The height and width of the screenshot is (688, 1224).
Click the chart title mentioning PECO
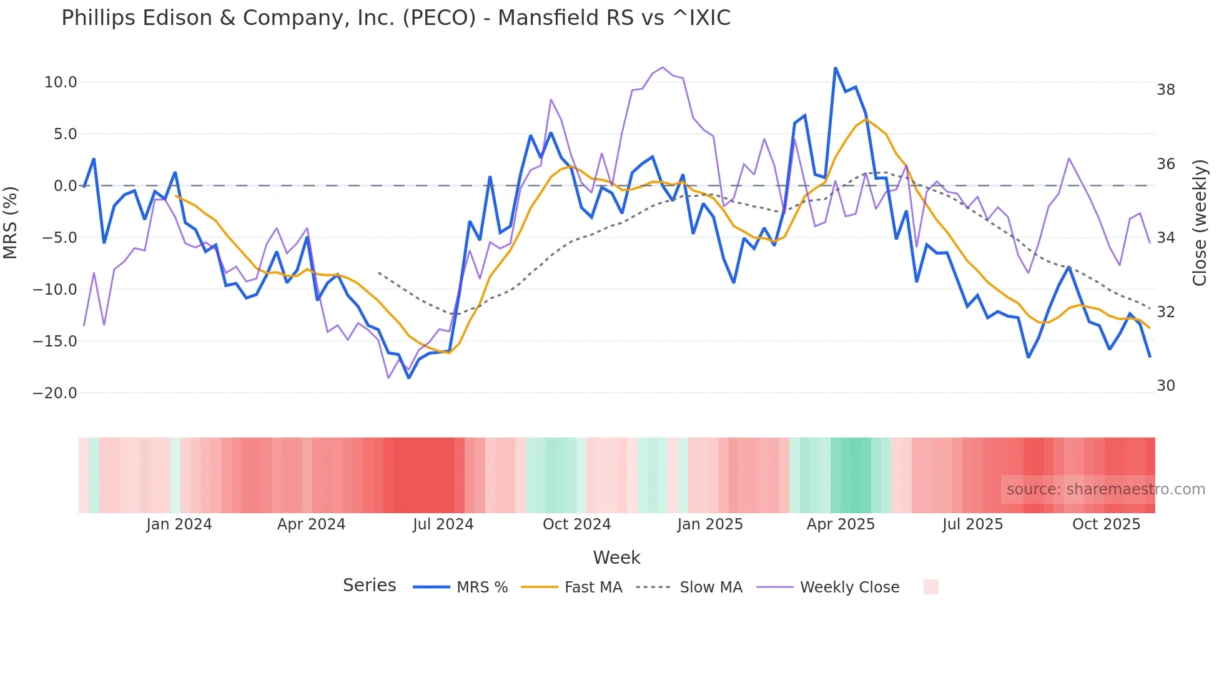[395, 18]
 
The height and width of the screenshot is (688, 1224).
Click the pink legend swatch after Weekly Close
[930, 587]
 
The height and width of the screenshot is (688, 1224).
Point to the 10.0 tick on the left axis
[61, 82]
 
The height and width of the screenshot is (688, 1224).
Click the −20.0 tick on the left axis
[55, 393]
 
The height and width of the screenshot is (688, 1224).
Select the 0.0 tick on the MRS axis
[65, 186]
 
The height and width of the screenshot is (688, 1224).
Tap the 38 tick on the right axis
[1165, 90]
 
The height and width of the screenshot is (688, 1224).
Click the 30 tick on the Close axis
[1165, 386]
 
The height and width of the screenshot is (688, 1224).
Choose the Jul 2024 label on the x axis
[443, 524]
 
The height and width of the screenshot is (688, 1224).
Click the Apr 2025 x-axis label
[841, 524]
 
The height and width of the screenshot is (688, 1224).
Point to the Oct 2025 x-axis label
[1106, 524]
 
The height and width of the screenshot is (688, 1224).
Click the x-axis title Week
[616, 558]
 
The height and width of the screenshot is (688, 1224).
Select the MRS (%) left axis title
[11, 223]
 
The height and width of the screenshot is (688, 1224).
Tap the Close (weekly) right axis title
[1200, 223]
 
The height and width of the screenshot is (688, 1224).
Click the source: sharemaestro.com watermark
[1105, 489]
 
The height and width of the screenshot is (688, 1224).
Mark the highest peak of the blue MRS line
[835, 68]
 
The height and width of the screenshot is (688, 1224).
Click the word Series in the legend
[369, 586]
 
